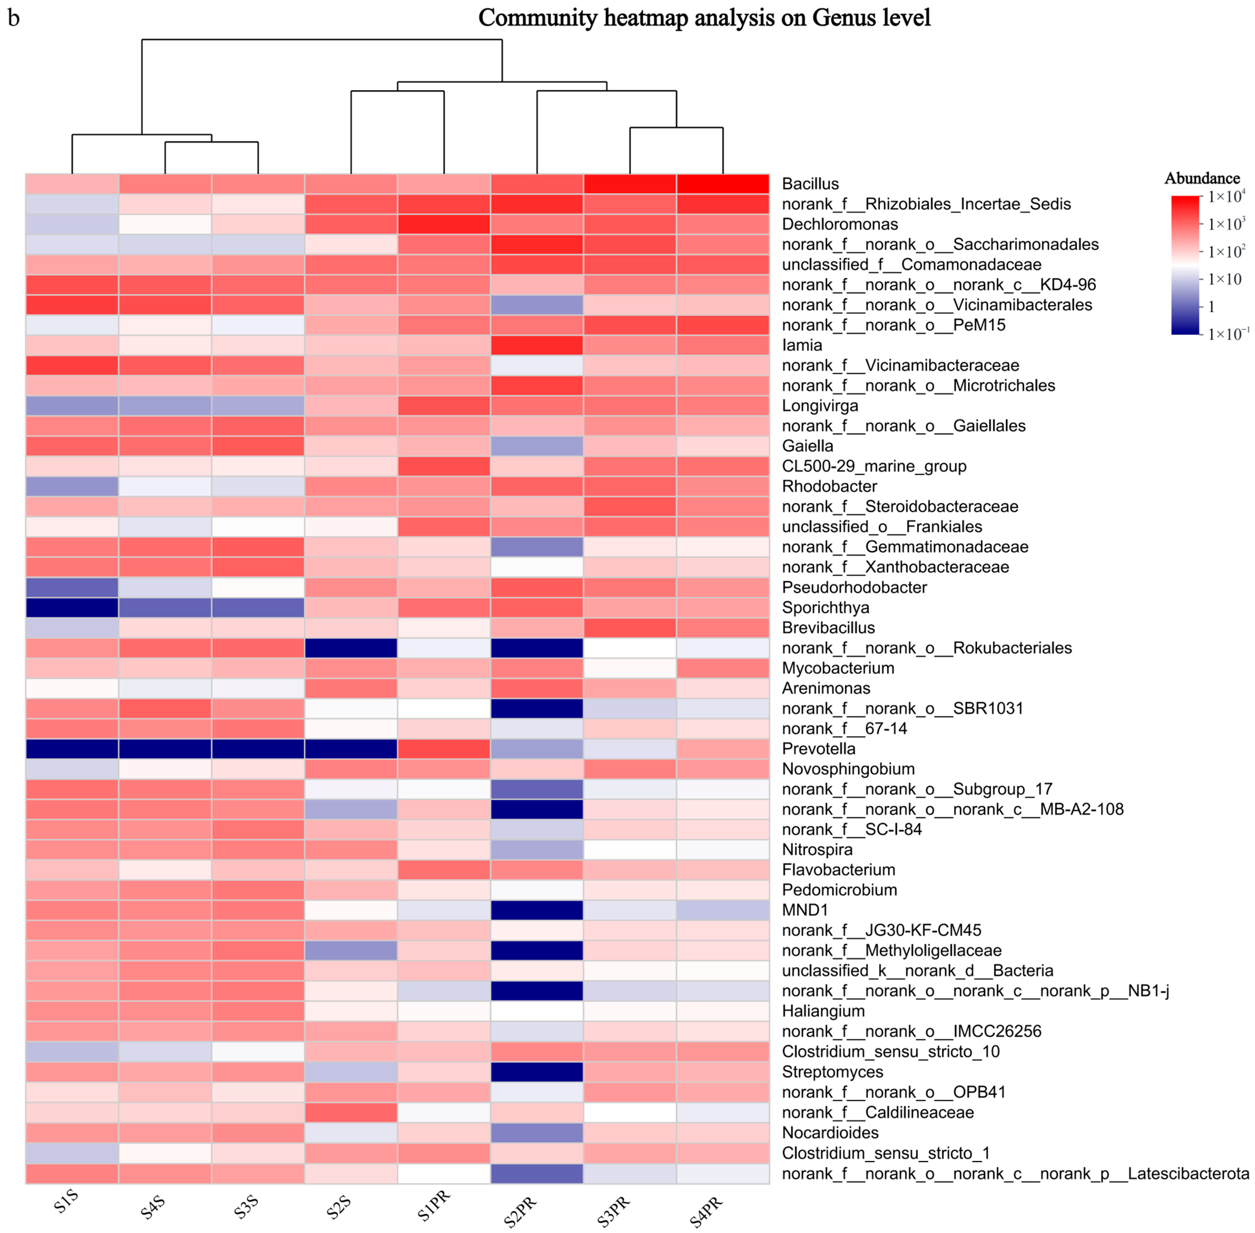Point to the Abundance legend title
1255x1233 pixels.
[1202, 178]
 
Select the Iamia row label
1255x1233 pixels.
[802, 345]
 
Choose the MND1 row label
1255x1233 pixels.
[804, 910]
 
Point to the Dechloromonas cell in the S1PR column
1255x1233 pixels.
[443, 224]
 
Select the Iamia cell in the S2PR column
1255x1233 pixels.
[537, 345]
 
